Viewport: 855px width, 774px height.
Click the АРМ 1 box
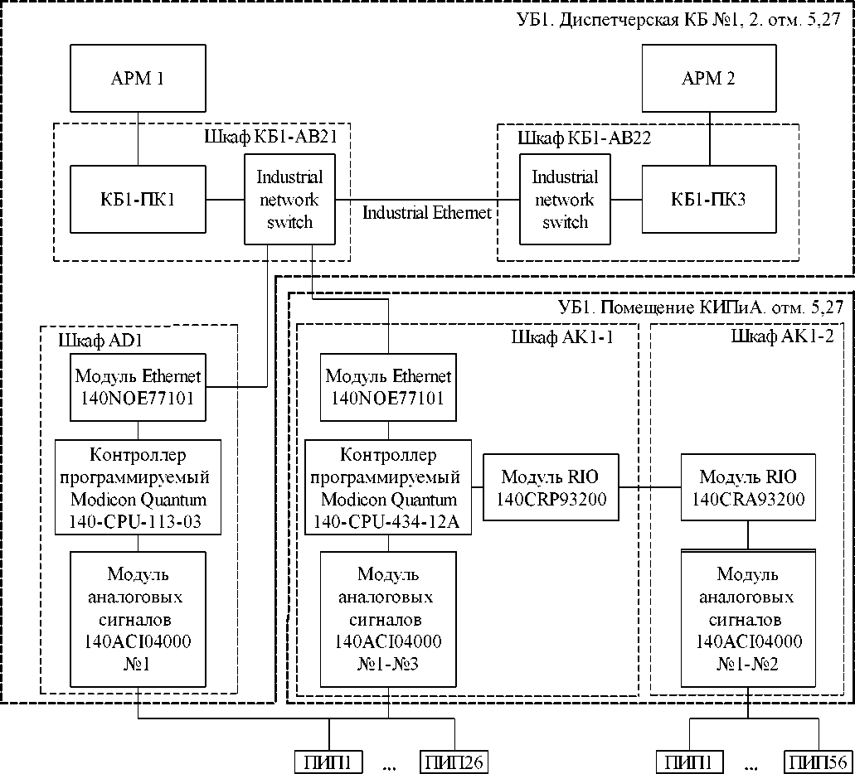tap(137, 80)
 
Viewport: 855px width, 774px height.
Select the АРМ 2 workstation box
tap(708, 80)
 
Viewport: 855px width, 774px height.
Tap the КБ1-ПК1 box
tap(137, 199)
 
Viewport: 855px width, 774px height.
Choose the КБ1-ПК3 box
tap(708, 199)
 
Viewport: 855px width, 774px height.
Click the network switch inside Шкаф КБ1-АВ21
tap(289, 199)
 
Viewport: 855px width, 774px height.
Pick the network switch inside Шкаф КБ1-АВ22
tap(564, 199)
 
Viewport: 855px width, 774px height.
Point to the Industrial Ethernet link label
tap(427, 213)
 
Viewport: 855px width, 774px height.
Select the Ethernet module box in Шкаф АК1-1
tap(388, 387)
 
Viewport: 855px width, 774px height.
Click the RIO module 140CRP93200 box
tap(550, 487)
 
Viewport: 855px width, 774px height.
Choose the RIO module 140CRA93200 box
tap(748, 487)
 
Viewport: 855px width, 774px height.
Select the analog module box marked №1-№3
tap(388, 619)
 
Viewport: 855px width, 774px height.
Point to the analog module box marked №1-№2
tap(748, 619)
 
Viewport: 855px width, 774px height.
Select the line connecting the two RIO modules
tap(649, 487)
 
